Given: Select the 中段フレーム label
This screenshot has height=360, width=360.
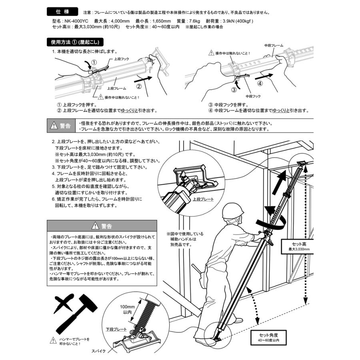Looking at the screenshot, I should tap(274, 46).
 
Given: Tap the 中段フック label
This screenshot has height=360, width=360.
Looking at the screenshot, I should tap(253, 96).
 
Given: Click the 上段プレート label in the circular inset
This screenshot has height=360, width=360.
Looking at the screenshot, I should tap(203, 199).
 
